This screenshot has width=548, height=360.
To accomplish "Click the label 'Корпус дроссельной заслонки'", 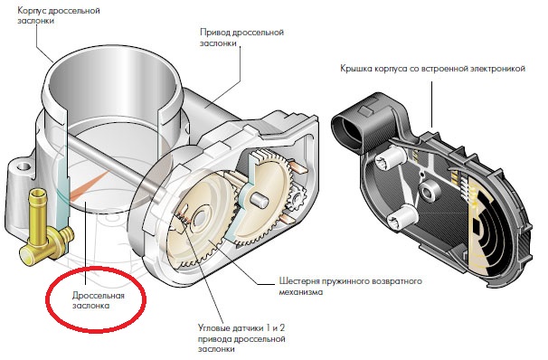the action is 59,15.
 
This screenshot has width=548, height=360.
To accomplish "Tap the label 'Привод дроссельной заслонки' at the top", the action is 241,38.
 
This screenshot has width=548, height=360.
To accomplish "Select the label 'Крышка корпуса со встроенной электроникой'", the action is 432,69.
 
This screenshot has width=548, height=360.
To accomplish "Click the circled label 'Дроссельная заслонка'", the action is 99,300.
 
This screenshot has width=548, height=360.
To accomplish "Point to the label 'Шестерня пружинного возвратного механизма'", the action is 350,286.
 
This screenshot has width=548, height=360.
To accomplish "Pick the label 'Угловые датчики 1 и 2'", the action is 241,328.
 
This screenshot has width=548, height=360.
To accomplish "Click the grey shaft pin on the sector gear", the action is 260,200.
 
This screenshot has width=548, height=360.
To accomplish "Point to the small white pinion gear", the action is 298,197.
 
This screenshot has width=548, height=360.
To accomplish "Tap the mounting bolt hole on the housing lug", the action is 22,165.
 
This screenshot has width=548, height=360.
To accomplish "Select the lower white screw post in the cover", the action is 404,217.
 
